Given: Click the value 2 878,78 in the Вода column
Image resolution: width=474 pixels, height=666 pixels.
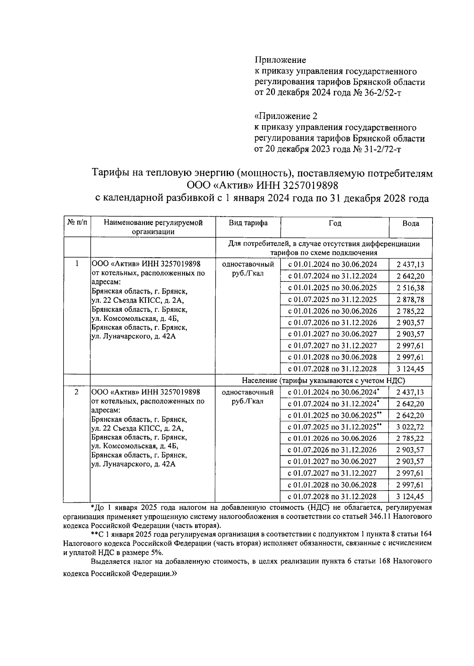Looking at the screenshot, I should coord(410,300).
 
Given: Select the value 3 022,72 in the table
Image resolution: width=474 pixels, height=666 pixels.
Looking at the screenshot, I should coord(410,427).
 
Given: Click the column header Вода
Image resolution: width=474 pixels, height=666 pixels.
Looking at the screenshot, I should coord(410,223).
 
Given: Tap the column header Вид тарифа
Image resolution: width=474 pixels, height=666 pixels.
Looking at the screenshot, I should coord(248,223).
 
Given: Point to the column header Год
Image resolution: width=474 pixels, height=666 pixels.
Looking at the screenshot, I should coord(335,223).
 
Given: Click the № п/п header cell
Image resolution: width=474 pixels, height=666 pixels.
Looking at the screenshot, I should coord(77,223).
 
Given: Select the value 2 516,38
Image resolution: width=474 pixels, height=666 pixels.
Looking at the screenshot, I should coord(410,288).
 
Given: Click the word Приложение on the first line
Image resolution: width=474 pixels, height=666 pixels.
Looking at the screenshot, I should coord(280,60).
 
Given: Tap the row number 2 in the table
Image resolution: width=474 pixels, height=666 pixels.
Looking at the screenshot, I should coord(77,392).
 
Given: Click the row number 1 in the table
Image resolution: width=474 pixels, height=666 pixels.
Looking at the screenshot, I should coord(77,264).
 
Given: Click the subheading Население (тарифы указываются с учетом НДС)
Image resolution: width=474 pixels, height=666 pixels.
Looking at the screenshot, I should coord(324,380).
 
